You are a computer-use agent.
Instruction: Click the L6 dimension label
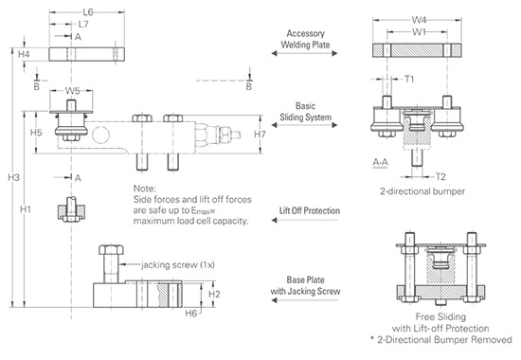[x=88, y=12]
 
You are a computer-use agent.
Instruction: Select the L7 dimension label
[x=83, y=25]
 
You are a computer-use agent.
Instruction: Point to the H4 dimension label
[x=24, y=54]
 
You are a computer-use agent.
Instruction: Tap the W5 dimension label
[x=72, y=91]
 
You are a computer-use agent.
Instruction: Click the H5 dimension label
[x=36, y=133]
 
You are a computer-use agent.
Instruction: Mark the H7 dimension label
[x=260, y=134]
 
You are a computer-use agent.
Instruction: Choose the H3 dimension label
[x=13, y=177]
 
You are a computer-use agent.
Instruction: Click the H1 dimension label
[x=26, y=209]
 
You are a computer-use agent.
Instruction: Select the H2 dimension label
[x=214, y=295]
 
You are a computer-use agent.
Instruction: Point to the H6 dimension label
[x=191, y=314]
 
